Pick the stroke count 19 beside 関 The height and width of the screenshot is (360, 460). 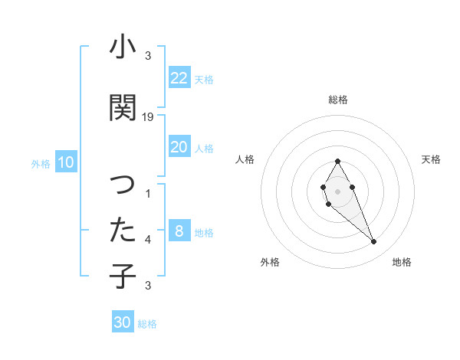(148, 117)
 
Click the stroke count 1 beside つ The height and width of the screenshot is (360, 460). (148, 195)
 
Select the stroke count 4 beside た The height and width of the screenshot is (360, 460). (148, 240)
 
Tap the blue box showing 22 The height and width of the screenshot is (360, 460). (179, 78)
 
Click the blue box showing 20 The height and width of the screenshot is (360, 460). (179, 147)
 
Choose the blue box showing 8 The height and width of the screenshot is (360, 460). (179, 231)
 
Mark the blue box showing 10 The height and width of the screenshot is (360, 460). (66, 162)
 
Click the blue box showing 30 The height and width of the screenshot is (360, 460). (123, 322)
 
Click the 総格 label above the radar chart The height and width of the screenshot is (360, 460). (338, 100)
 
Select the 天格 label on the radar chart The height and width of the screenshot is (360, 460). (431, 159)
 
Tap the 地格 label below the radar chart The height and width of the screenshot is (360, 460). (402, 262)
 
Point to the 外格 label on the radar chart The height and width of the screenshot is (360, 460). (270, 262)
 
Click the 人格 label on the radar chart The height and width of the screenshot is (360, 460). (245, 159)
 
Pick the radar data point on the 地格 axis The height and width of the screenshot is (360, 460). (373, 242)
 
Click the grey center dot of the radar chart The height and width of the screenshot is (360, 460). (338, 191)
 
